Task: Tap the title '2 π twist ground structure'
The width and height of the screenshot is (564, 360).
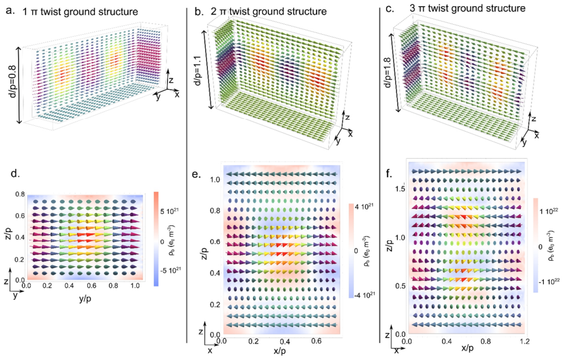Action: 269,11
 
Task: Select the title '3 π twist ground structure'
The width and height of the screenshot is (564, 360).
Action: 468,8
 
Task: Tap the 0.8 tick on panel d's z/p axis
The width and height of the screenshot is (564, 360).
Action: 20,195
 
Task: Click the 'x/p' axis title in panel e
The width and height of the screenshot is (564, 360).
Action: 280,351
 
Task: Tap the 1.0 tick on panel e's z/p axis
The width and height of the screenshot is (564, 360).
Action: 214,179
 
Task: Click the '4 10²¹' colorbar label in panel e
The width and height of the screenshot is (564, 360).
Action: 363,208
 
